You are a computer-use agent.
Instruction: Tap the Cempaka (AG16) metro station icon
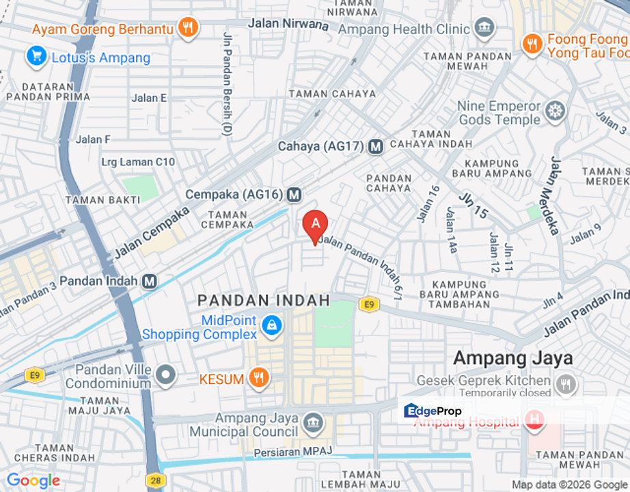tap(294, 195)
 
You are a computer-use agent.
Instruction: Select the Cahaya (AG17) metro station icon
tap(375, 146)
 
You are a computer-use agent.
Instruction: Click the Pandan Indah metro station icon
tap(150, 281)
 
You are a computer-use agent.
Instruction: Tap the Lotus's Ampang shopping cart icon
tap(36, 56)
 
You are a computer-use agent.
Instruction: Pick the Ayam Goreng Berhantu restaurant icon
tap(187, 28)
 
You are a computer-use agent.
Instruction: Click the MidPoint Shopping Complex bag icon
tap(272, 327)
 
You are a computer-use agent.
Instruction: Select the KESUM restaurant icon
tap(258, 378)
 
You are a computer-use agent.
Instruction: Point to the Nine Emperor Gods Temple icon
tap(556, 111)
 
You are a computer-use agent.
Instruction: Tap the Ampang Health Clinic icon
tap(484, 28)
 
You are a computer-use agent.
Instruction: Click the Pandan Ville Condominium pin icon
tap(165, 374)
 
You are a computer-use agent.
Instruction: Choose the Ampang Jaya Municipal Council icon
tap(312, 422)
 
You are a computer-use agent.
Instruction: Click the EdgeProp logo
tap(433, 411)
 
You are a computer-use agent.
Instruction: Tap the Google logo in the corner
tap(33, 480)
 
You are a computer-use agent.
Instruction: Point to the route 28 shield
tap(156, 480)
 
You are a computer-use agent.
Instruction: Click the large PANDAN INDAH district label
tap(264, 301)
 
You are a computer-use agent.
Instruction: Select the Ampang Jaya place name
tap(512, 357)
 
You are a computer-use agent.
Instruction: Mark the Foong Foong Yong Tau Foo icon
tap(532, 44)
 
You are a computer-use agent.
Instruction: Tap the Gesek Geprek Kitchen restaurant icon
tap(565, 384)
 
